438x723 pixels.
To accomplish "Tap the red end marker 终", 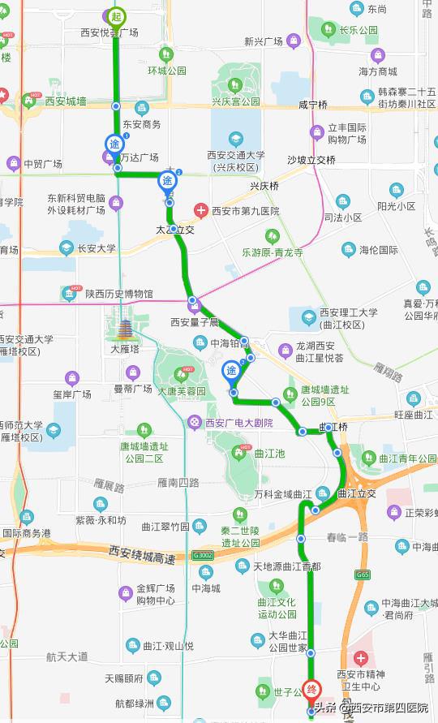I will [x=311, y=688].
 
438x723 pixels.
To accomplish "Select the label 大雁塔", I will [x=126, y=351].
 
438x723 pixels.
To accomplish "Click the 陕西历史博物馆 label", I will [x=119, y=293].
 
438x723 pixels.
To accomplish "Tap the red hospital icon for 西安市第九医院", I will [x=200, y=211].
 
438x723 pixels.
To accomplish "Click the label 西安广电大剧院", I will [x=234, y=422].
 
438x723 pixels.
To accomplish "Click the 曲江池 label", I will [x=269, y=454].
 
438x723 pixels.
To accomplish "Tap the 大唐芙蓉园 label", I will [x=183, y=390].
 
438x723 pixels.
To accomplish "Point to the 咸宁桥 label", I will [x=312, y=105].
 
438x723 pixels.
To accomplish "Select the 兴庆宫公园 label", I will [x=236, y=102].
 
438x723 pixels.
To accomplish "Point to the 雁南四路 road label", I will [x=178, y=482].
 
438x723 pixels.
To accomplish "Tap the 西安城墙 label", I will [x=66, y=101].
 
